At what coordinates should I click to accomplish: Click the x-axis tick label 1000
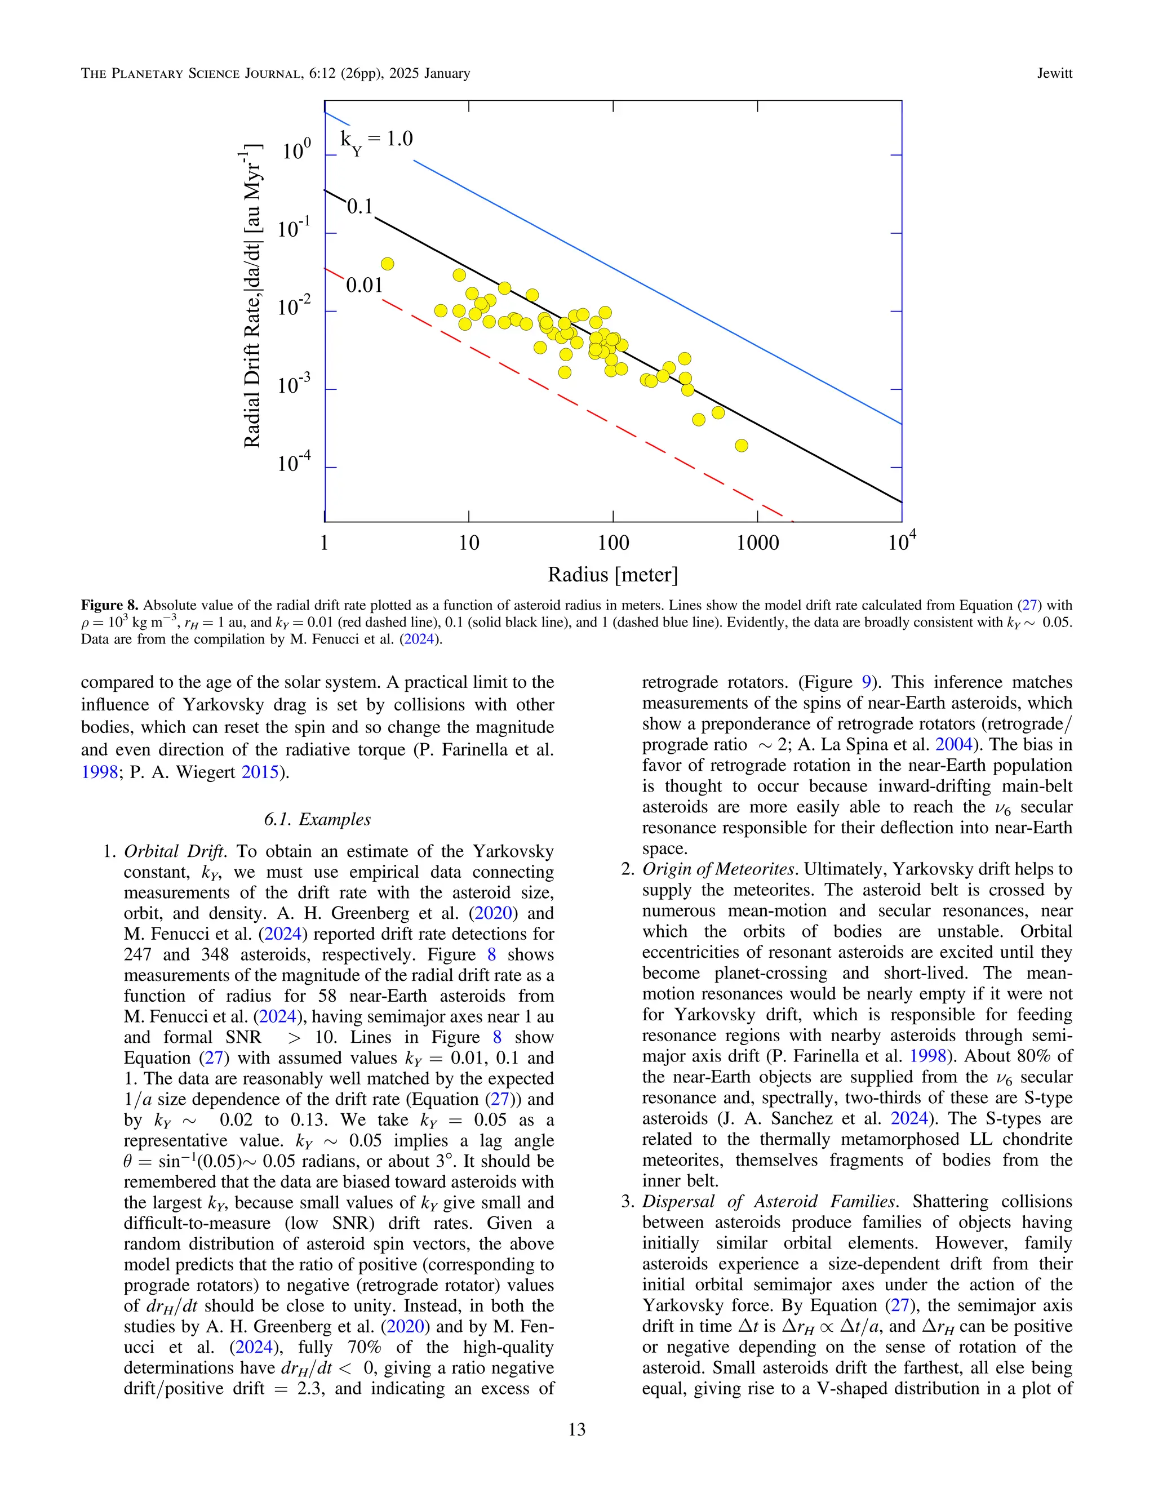click(x=757, y=544)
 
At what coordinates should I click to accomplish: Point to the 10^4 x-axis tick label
click(x=901, y=542)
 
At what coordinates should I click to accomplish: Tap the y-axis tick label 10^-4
click(x=295, y=464)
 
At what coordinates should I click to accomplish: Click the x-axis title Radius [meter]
click(x=612, y=575)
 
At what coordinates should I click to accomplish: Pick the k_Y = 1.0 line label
click(x=377, y=141)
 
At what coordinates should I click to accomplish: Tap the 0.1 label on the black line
click(x=359, y=206)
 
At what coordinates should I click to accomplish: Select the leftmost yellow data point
click(x=387, y=264)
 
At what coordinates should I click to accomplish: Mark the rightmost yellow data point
click(x=741, y=446)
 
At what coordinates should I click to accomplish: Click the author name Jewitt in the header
click(x=1054, y=74)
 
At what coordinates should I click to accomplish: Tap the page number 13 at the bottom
click(x=576, y=1429)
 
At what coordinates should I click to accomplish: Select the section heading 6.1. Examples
click(x=317, y=820)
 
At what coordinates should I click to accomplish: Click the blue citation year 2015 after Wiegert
click(x=260, y=772)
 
